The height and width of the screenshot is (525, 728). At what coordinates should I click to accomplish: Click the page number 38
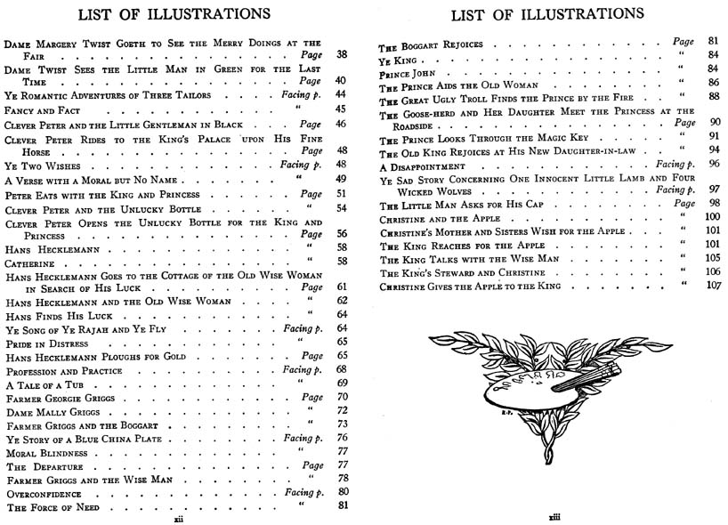(x=341, y=54)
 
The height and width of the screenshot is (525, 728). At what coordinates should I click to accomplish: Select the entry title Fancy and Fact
(x=37, y=109)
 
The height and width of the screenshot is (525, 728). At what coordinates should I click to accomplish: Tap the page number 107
(x=712, y=287)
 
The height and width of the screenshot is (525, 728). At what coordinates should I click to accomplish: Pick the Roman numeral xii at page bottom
(x=178, y=513)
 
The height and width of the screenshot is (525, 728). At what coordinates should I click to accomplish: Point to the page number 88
(x=713, y=97)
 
